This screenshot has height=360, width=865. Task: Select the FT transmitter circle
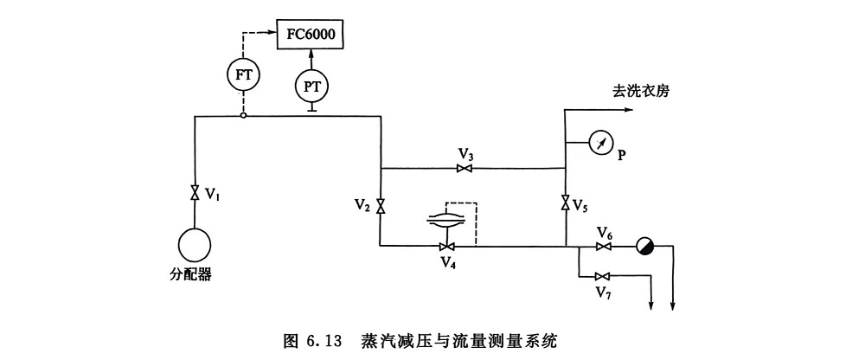(x=243, y=74)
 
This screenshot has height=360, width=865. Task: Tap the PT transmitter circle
(x=312, y=85)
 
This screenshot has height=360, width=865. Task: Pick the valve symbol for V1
(x=195, y=193)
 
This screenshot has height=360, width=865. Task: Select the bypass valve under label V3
(x=465, y=169)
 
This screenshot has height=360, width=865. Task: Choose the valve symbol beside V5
(x=565, y=204)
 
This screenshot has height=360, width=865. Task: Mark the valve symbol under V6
(x=604, y=247)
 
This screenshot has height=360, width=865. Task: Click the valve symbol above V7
(x=604, y=277)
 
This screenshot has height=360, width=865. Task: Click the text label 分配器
(x=191, y=276)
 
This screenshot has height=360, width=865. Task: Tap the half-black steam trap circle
(x=644, y=247)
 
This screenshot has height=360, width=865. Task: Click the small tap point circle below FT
(x=243, y=115)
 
